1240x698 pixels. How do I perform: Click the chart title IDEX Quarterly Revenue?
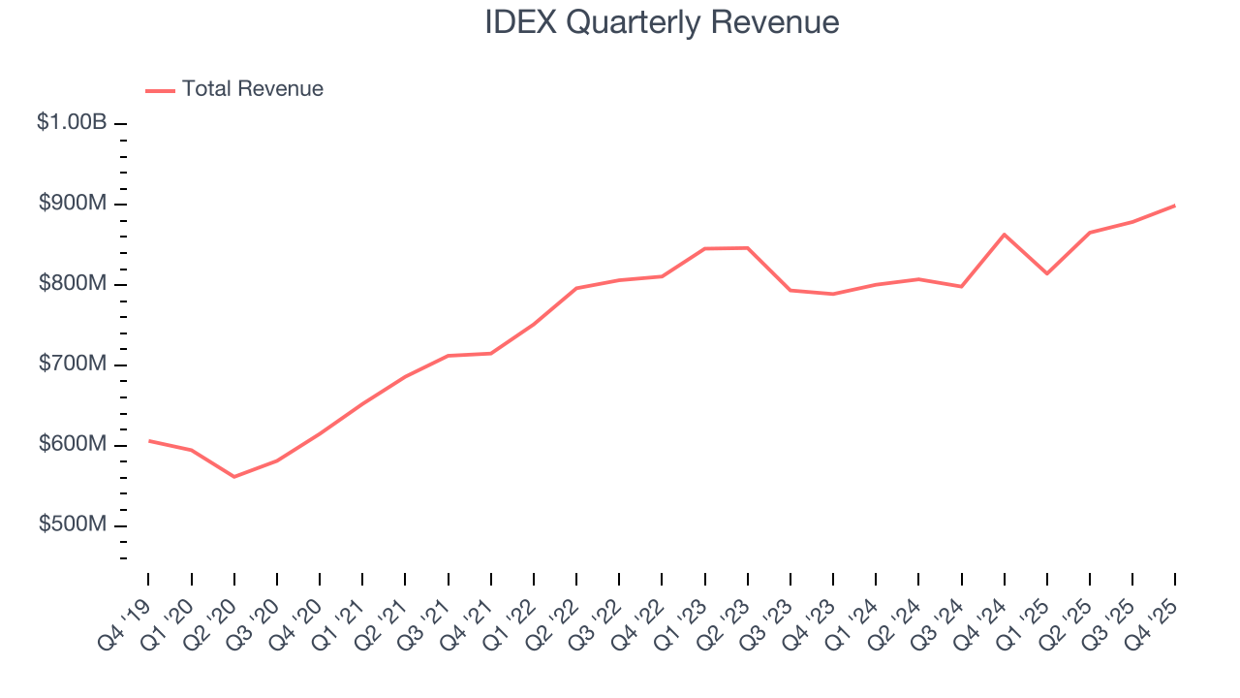[662, 22]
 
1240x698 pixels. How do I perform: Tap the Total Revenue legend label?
[252, 89]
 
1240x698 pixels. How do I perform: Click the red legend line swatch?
[160, 90]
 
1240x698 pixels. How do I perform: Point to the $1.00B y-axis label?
[72, 123]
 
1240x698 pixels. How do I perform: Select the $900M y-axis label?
[74, 204]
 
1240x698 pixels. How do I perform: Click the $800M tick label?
[74, 284]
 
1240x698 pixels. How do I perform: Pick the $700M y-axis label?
[74, 365]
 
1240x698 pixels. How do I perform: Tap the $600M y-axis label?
[74, 445]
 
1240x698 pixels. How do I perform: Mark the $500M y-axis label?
[74, 524]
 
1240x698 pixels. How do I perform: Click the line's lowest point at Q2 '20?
[234, 476]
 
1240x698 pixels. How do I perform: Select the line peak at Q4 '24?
[1005, 235]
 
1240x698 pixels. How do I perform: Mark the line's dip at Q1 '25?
[1047, 273]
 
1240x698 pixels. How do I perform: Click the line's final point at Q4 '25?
[1175, 206]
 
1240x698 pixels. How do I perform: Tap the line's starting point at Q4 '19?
[149, 441]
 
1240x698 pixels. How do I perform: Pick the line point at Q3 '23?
[790, 290]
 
